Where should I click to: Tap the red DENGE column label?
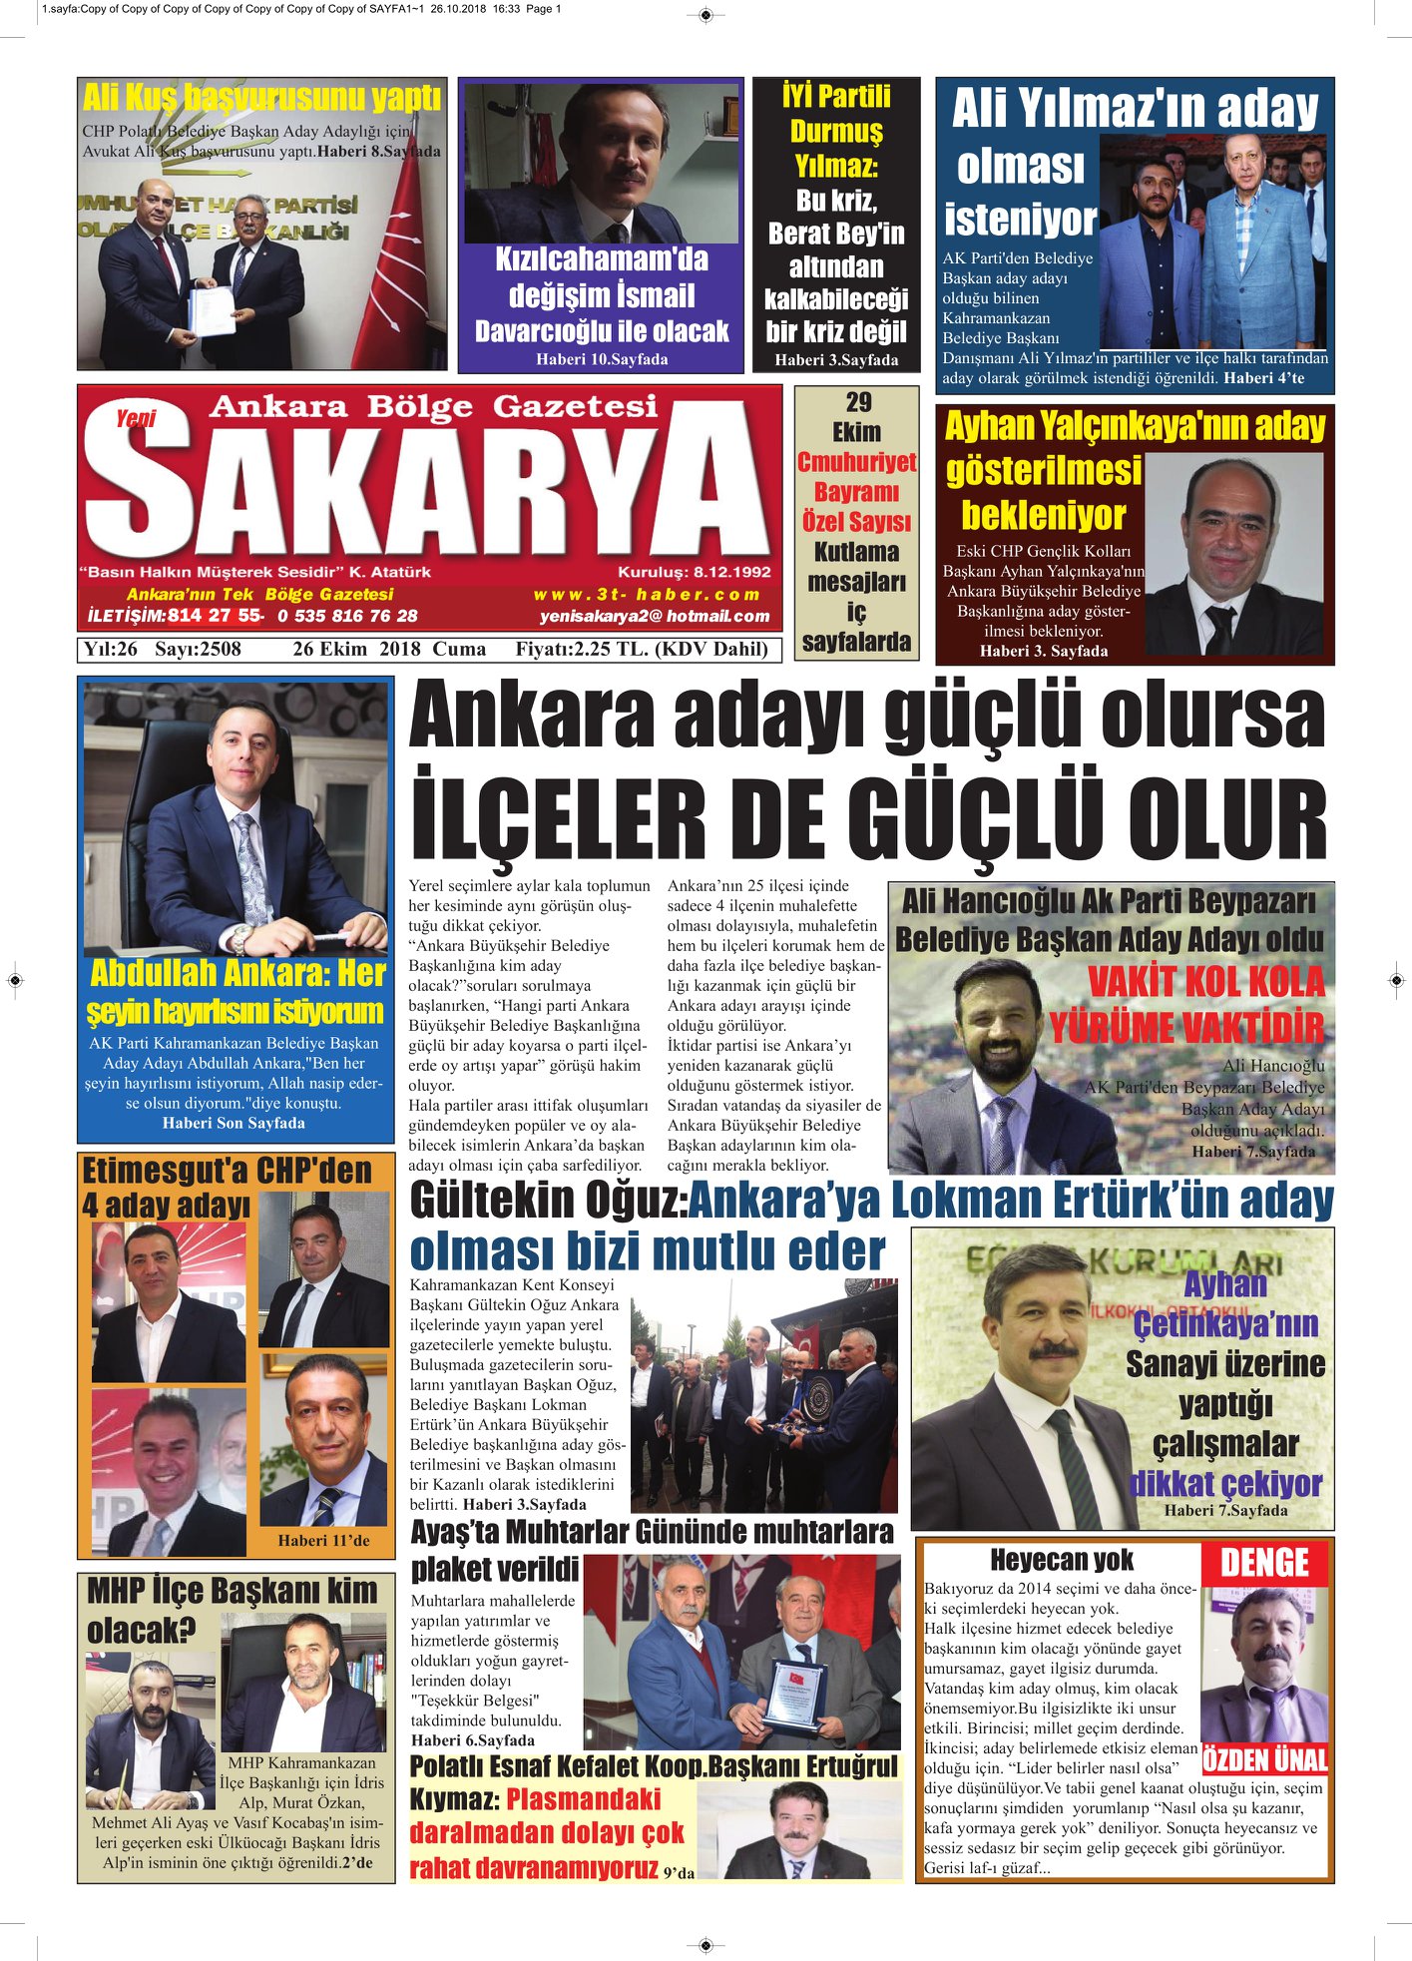point(1264,1563)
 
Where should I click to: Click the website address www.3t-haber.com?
point(647,595)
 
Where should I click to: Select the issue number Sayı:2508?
point(198,649)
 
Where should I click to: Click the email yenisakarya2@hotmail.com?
point(655,617)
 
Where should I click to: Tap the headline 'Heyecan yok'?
point(1062,1560)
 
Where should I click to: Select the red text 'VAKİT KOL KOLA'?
point(1205,981)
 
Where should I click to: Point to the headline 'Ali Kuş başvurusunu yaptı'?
point(261,98)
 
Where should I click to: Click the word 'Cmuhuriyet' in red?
point(856,462)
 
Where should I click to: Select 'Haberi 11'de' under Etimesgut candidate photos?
point(323,1540)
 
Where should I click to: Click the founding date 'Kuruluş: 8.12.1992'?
point(695,572)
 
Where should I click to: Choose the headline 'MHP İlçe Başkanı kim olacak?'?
point(232,1609)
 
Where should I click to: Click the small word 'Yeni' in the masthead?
point(135,418)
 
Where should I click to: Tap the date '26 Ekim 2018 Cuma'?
point(389,649)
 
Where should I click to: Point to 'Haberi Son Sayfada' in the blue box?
point(234,1123)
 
